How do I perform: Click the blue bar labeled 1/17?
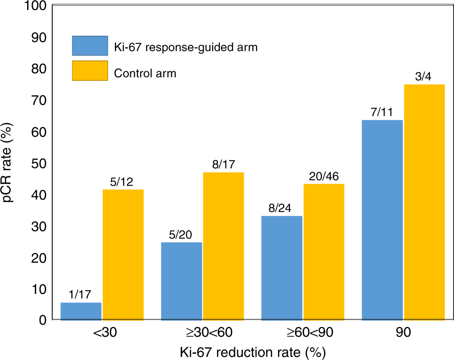(81, 311)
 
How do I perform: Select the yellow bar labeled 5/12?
(123, 255)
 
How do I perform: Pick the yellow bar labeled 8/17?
(224, 246)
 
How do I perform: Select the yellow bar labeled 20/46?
(324, 252)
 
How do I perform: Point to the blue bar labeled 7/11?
(383, 220)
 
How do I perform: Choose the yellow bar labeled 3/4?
(424, 203)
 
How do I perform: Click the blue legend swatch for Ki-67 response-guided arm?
(90, 46)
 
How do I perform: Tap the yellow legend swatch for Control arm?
(90, 71)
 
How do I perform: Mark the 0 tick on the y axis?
(42, 321)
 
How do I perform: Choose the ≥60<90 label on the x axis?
(303, 333)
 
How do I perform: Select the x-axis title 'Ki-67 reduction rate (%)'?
(252, 352)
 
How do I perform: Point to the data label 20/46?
(324, 176)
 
